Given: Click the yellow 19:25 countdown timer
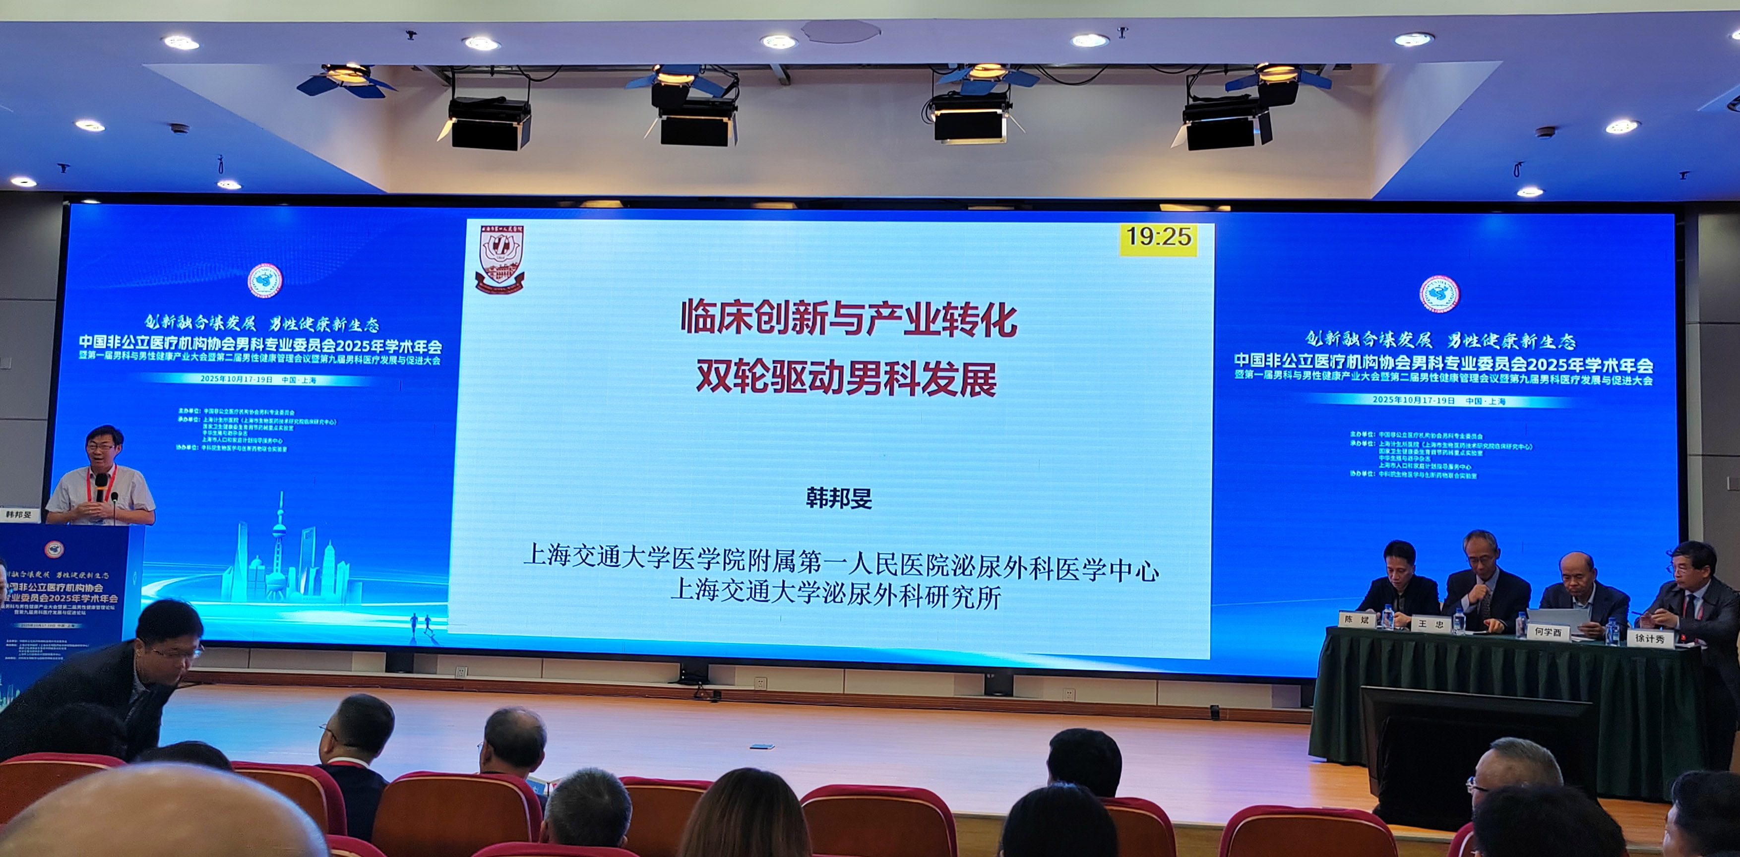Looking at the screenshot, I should [x=1158, y=237].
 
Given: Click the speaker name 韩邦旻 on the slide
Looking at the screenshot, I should [x=839, y=498].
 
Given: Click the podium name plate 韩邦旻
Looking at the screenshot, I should [x=19, y=515].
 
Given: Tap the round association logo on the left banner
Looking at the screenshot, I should [x=265, y=280].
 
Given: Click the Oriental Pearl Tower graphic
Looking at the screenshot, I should [x=278, y=540].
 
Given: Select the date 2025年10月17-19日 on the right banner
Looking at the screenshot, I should [x=1413, y=400].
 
